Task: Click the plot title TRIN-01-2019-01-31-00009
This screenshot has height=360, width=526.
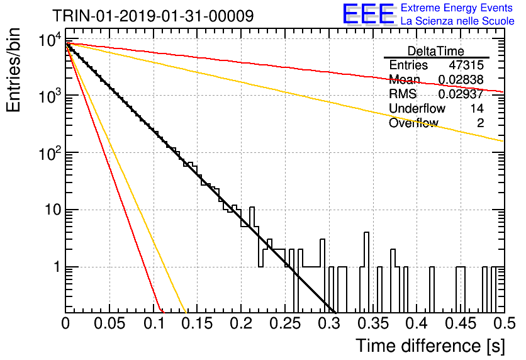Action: [x=153, y=16]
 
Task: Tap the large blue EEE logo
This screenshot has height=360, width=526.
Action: [x=369, y=14]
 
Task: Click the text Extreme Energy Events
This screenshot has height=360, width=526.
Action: [x=457, y=8]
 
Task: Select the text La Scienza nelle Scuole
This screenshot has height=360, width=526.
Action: [x=457, y=21]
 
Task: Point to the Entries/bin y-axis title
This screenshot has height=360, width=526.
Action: [x=14, y=70]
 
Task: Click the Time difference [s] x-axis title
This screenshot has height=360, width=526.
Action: [x=430, y=346]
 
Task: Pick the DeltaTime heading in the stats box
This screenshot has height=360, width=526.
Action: [x=436, y=51]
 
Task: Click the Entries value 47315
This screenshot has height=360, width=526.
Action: [x=466, y=65]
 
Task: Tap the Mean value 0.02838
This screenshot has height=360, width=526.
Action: [x=461, y=79]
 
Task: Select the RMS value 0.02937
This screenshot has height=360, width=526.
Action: [x=461, y=94]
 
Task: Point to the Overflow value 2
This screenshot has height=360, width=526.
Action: [x=480, y=123]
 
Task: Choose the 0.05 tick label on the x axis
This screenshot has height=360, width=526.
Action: [x=109, y=324]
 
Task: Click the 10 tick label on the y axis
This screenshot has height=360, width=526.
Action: [x=53, y=210]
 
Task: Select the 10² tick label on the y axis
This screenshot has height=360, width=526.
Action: [x=50, y=154]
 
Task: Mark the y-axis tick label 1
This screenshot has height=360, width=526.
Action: [x=57, y=267]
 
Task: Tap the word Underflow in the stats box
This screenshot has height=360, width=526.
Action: [x=417, y=108]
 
